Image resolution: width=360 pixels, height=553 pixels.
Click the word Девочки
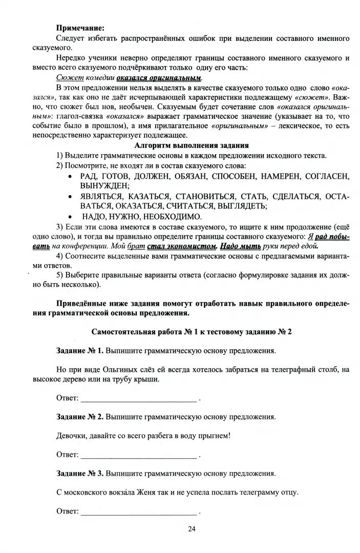tap(72, 436)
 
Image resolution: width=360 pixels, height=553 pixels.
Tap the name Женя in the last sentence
tap(145, 492)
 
